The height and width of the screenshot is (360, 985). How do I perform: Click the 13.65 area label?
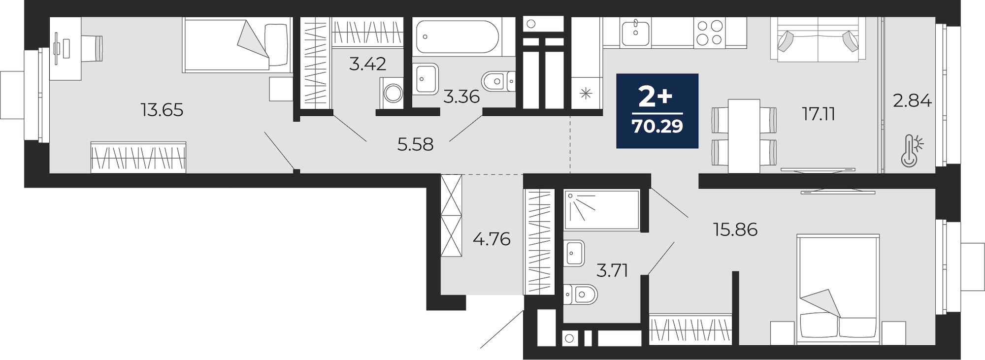coord(162,110)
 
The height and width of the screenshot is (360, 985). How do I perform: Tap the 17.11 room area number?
coord(818,114)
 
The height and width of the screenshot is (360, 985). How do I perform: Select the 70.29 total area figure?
coord(657,127)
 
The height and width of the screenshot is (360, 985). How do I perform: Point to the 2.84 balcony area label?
coord(912,101)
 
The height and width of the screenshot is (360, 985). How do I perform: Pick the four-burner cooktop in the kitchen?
coord(710,33)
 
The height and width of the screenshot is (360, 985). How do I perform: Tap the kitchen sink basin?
coord(635,33)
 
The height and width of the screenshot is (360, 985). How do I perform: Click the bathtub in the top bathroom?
coord(457,35)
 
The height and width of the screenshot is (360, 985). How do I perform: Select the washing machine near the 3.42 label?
coord(392,92)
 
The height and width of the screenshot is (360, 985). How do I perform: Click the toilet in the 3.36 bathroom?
coord(497,81)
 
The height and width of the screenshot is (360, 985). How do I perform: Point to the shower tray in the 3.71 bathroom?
coord(601,210)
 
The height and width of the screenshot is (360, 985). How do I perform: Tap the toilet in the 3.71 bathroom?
coord(580,295)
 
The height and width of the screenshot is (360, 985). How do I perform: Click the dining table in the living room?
coord(744,136)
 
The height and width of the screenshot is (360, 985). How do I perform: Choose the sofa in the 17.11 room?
coord(818,39)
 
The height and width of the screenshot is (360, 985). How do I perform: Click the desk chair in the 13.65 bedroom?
coord(92,48)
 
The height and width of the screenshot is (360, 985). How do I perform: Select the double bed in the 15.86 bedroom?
coord(838,289)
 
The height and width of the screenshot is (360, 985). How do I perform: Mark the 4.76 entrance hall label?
coord(492,239)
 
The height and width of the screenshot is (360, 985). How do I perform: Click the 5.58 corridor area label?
coord(415,144)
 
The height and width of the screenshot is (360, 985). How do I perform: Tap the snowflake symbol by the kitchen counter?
coord(586,93)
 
